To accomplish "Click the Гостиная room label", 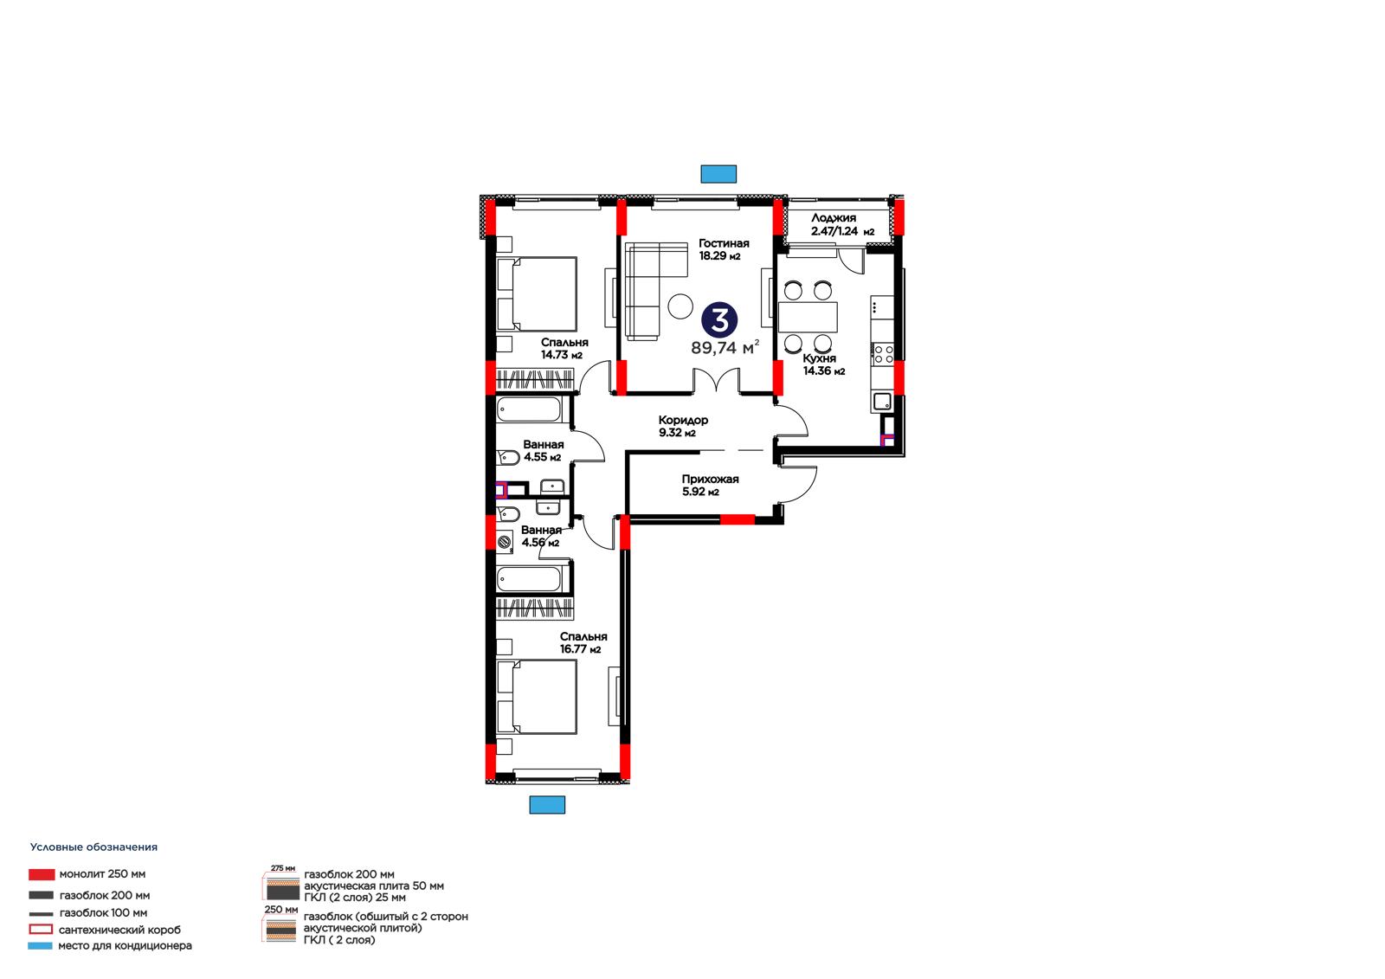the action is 724,243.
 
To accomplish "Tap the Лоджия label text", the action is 834,218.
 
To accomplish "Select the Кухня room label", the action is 819,358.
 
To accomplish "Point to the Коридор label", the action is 683,420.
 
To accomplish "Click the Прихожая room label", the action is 710,480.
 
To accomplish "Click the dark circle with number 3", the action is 719,320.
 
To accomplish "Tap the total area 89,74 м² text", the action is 725,348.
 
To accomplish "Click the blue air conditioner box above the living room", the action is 718,174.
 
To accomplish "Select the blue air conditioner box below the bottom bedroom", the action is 547,805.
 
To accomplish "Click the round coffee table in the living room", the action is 680,306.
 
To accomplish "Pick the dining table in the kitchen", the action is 808,317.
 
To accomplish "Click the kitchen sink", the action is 882,402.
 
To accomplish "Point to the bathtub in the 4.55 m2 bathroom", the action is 529,409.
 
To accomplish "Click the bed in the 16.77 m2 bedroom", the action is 537,697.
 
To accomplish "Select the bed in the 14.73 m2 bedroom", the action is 537,294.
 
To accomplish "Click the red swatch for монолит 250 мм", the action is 42,874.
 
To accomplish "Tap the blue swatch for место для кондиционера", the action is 40,945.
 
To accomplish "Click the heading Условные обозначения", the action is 94,847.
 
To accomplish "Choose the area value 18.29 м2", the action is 719,256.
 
